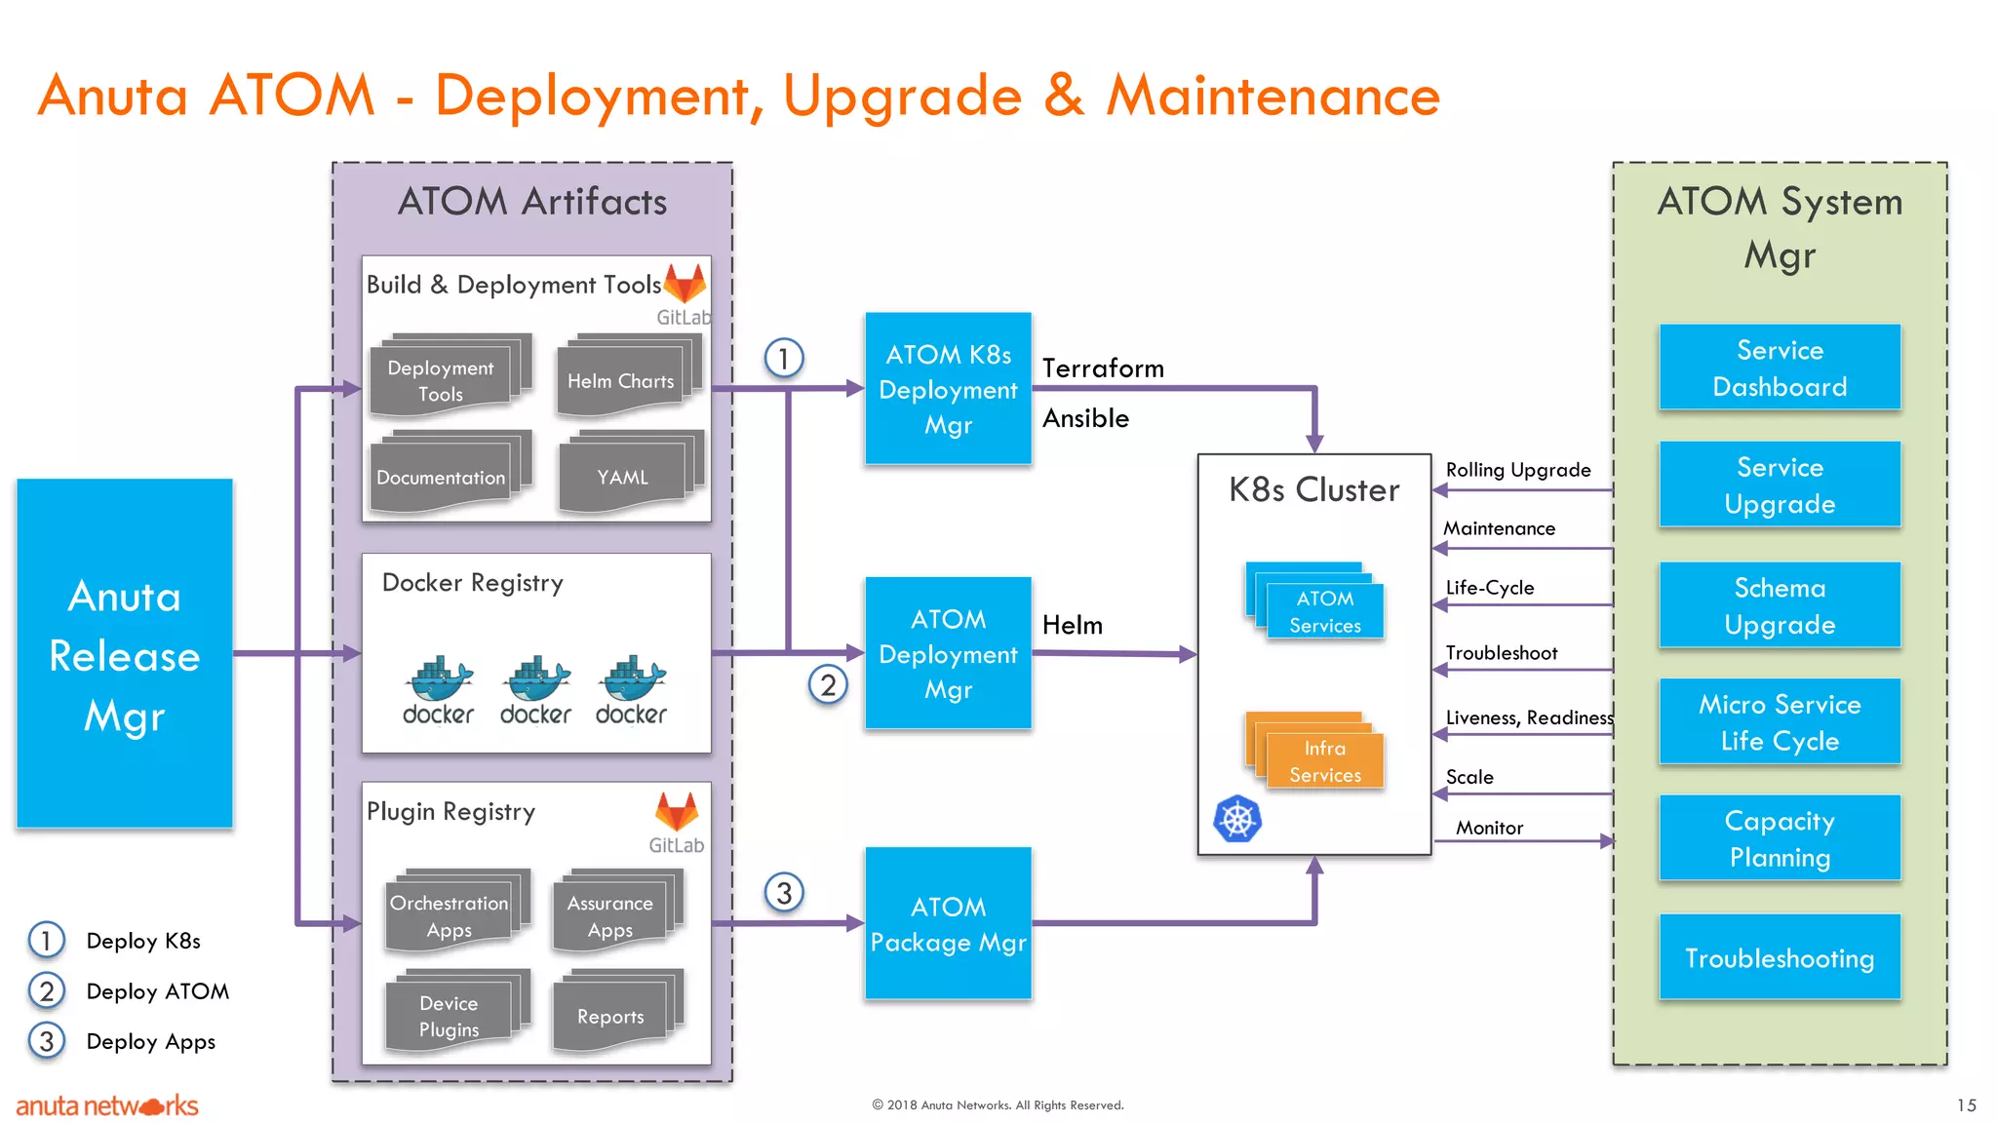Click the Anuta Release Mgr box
point(125,653)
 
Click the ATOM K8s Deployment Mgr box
point(948,389)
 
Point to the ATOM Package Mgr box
point(948,923)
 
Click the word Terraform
point(1103,368)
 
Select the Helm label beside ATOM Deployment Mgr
point(1072,625)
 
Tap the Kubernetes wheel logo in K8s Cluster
point(1237,819)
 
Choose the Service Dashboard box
point(1780,368)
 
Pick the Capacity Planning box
point(1780,838)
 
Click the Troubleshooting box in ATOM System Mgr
point(1780,957)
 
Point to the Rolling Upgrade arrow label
point(1517,470)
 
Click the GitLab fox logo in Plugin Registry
point(676,811)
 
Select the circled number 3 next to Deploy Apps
point(46,1041)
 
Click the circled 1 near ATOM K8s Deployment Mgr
point(783,358)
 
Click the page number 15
point(1966,1104)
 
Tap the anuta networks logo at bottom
point(107,1105)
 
